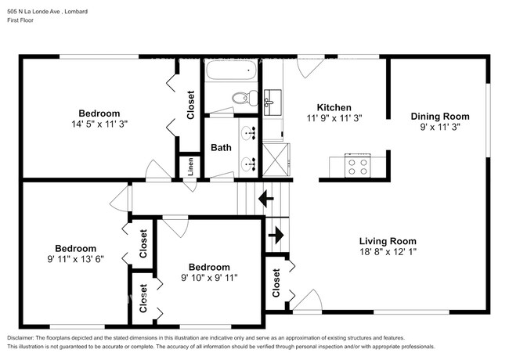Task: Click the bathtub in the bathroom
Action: point(233,72)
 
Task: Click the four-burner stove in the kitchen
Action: point(358,166)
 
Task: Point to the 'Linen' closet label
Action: point(190,167)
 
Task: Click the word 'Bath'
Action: point(221,147)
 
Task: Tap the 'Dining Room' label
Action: point(440,116)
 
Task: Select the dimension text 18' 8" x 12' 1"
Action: point(388,252)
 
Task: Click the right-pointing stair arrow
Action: point(276,233)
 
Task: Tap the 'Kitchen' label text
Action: point(334,107)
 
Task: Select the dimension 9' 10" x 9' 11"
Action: point(209,277)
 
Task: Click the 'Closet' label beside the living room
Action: point(277,283)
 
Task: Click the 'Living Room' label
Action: point(388,241)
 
